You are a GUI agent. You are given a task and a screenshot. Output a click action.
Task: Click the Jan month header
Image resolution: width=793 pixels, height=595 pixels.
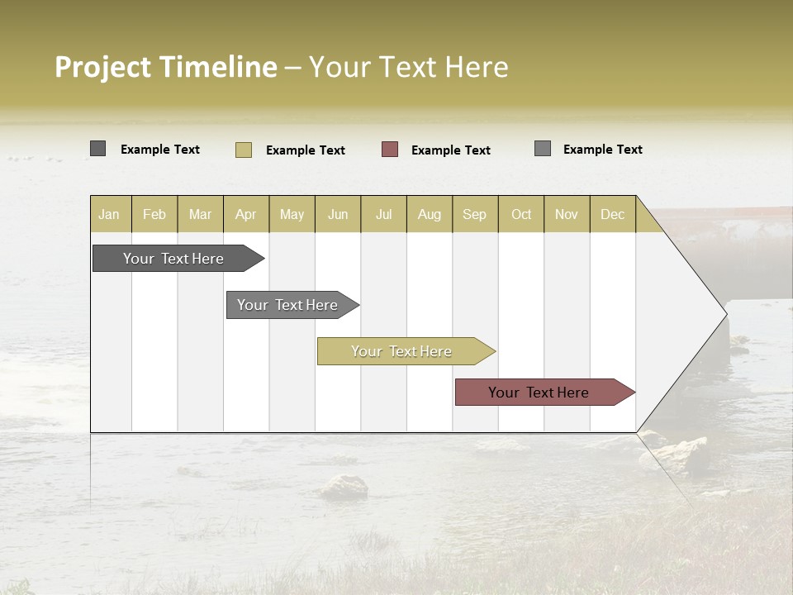[110, 214]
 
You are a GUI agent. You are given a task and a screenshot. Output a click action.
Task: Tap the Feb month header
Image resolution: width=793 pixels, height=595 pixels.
[154, 214]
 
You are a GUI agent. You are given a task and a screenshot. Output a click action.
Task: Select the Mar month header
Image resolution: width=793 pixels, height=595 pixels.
[200, 214]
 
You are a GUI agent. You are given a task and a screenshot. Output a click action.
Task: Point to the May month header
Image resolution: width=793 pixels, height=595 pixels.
[292, 214]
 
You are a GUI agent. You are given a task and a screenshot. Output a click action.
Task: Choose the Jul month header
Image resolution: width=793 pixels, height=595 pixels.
[383, 214]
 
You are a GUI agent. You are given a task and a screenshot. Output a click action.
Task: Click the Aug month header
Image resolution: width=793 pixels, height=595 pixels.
[429, 214]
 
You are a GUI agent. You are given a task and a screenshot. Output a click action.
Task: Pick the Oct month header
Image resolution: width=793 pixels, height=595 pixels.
[521, 214]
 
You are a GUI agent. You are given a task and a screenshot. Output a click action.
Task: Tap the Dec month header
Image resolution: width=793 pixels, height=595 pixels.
[612, 214]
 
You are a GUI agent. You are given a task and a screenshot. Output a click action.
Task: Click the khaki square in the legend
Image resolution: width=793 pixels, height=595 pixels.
[244, 150]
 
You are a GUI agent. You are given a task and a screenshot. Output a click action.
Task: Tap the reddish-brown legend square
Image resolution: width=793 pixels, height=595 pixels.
[390, 150]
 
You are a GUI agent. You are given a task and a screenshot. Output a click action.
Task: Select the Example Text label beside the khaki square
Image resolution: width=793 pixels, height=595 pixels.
[305, 150]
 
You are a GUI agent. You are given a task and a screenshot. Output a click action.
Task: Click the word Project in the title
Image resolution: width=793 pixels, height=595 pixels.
[103, 68]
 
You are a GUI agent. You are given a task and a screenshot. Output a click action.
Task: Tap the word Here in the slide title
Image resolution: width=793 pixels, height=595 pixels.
[477, 67]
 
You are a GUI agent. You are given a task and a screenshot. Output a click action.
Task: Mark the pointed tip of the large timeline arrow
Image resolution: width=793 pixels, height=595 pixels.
[724, 313]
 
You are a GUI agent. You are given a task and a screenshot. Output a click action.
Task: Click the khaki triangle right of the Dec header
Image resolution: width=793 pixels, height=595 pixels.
[648, 221]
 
